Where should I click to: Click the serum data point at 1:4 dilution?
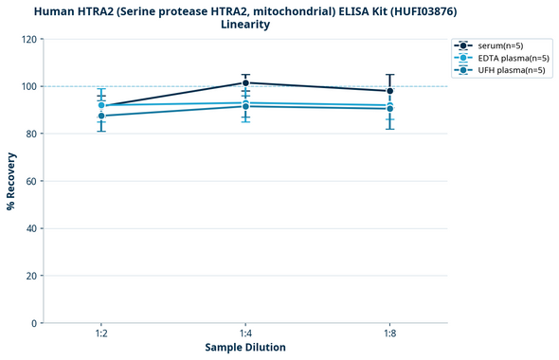click(245, 82)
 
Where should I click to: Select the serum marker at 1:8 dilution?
click(389, 91)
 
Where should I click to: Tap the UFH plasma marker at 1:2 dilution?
click(101, 116)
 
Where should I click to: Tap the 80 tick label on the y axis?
click(30, 134)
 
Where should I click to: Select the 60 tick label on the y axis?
click(30, 181)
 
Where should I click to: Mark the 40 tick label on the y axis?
click(30, 228)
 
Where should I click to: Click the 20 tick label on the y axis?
click(30, 276)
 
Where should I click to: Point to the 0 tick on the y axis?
click(33, 323)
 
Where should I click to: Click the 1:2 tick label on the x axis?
click(101, 334)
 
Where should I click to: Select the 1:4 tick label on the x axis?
click(245, 334)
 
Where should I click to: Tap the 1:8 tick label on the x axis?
click(389, 334)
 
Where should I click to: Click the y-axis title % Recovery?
click(11, 180)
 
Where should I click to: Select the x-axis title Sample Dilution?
click(245, 348)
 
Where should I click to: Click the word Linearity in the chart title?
click(245, 25)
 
